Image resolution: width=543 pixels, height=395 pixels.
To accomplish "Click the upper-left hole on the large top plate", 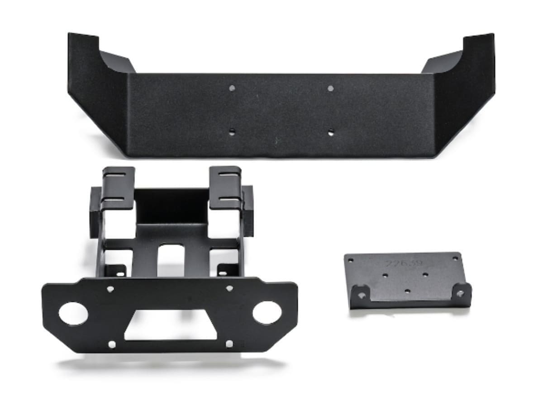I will (x=232, y=89).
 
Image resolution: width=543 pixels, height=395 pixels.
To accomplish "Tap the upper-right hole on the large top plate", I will (x=330, y=88).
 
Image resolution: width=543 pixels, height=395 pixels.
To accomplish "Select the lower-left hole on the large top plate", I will (x=232, y=132).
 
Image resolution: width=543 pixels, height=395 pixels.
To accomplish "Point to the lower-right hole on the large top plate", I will (x=331, y=132).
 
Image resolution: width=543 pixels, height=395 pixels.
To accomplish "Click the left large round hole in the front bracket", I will (x=72, y=313).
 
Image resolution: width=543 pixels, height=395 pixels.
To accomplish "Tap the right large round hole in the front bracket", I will (x=265, y=312).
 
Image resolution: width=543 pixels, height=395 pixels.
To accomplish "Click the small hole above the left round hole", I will (x=110, y=289).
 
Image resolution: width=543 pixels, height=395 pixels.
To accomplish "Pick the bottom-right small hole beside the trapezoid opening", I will (x=229, y=344).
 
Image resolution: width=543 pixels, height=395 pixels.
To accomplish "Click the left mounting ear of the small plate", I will (x=361, y=294).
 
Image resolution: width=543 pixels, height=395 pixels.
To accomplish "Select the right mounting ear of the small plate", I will (x=460, y=292).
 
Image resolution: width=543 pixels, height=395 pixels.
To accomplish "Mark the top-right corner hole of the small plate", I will (x=455, y=258).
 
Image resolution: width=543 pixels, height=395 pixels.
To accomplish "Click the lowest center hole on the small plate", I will (x=407, y=291).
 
